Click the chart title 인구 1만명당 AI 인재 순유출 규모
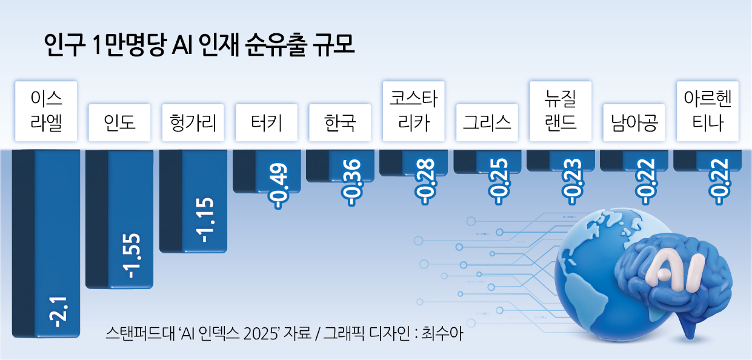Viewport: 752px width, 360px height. point(199,45)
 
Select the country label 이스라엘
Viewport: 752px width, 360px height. point(46,111)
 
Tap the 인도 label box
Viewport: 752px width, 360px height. point(119,122)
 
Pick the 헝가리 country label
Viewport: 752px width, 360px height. point(193,122)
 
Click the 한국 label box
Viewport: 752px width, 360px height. point(340,122)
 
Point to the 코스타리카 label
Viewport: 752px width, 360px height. point(413,111)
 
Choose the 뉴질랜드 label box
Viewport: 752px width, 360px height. point(561,111)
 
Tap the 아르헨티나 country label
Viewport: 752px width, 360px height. point(707,111)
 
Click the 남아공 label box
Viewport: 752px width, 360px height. point(634,122)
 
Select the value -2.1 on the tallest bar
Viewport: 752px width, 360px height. point(58,312)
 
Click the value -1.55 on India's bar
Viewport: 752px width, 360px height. point(131,256)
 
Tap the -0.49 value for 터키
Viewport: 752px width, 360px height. point(278,186)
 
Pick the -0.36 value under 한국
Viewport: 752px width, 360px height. point(351,183)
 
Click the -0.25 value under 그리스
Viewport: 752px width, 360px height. point(498,182)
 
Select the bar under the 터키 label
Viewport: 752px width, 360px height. point(267,172)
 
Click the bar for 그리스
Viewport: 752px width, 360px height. point(487,162)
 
